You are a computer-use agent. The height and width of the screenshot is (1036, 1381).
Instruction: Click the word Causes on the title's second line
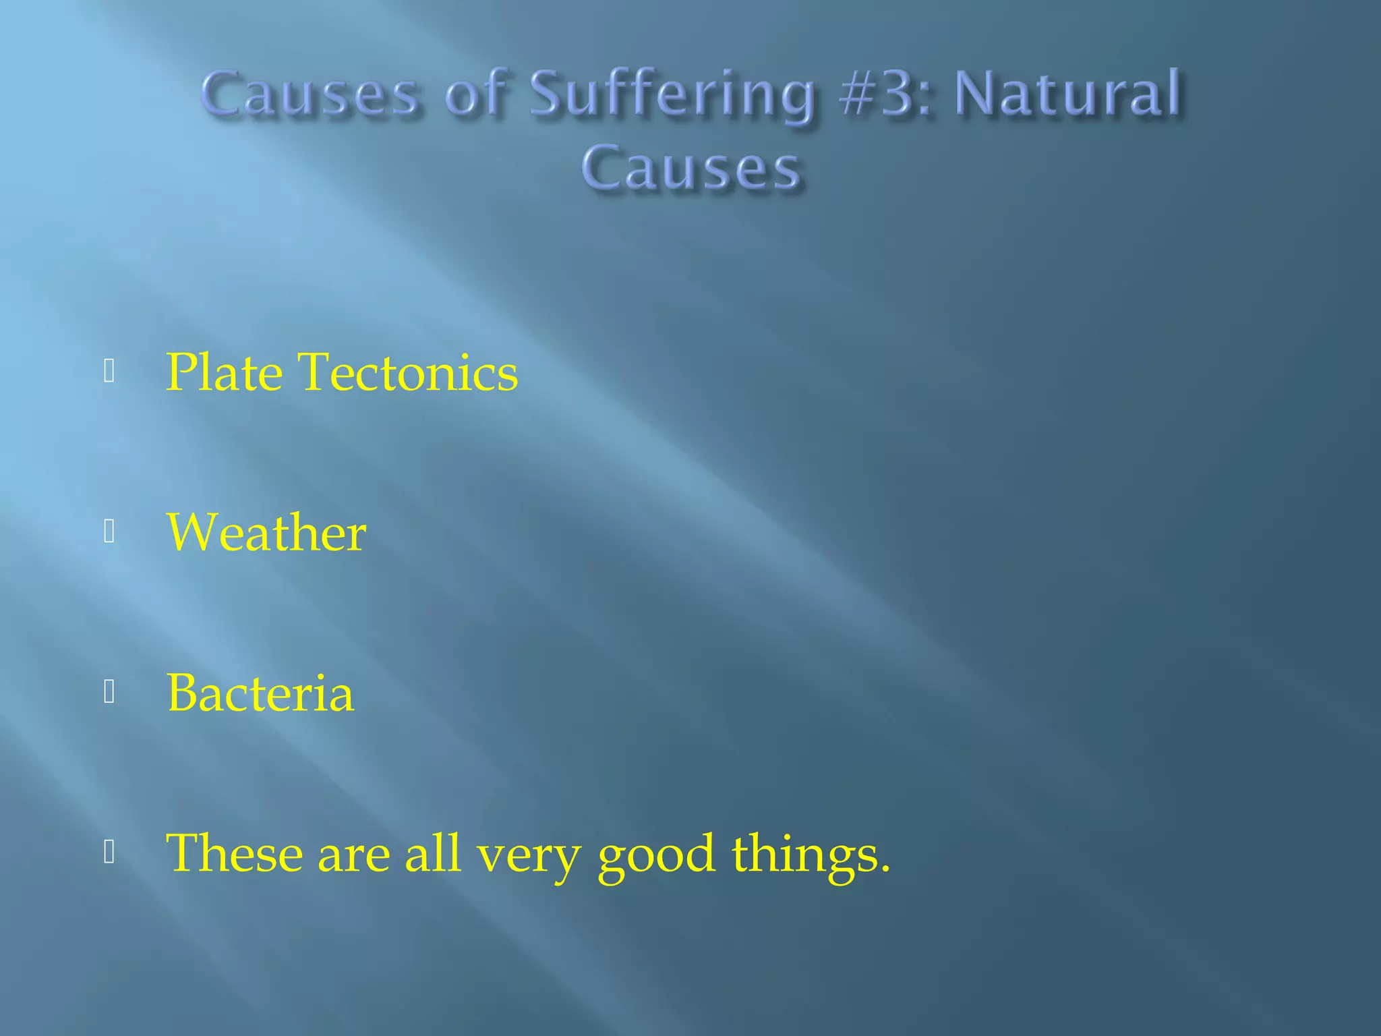[x=691, y=169]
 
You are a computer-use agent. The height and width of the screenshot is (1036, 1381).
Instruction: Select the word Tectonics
[x=408, y=372]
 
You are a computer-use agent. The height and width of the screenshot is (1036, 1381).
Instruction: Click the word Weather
[x=266, y=533]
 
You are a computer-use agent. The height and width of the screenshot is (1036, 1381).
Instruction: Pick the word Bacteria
[x=260, y=693]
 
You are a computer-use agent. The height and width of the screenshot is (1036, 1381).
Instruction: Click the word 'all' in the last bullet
[x=432, y=853]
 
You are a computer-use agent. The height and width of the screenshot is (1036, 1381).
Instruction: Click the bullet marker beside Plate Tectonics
[x=109, y=372]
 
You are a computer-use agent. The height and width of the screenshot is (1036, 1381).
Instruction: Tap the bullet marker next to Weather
[x=109, y=533]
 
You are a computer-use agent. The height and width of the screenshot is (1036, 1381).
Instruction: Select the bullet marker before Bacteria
[x=109, y=693]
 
